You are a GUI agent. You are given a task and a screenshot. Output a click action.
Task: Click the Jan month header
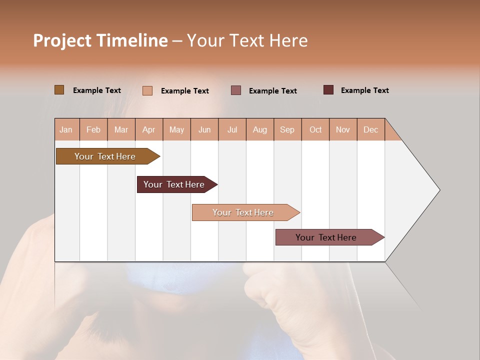click(x=66, y=129)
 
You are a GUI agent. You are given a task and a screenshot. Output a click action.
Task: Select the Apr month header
click(x=149, y=129)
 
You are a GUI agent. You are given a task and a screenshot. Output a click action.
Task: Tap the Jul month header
click(x=232, y=129)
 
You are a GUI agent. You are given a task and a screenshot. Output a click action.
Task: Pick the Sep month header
click(x=287, y=129)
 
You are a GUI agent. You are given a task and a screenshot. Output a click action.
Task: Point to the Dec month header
click(x=370, y=129)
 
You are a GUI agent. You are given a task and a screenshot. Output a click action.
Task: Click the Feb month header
click(x=93, y=129)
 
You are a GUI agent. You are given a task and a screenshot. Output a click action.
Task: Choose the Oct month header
click(x=315, y=129)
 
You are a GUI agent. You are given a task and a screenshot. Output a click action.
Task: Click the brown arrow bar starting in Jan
click(x=105, y=156)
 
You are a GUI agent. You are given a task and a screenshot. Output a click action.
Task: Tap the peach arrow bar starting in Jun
click(x=243, y=212)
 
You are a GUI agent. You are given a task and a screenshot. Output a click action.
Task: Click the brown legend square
click(x=59, y=90)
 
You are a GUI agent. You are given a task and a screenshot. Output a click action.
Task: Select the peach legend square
click(x=147, y=90)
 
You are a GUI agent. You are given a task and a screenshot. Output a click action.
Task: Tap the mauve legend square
click(x=236, y=90)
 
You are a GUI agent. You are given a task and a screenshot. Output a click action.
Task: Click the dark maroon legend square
click(x=328, y=90)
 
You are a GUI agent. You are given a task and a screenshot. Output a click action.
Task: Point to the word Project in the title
click(x=62, y=40)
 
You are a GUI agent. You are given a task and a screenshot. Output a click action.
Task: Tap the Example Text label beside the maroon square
click(x=364, y=90)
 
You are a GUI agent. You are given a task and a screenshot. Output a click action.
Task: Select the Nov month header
click(x=343, y=129)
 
